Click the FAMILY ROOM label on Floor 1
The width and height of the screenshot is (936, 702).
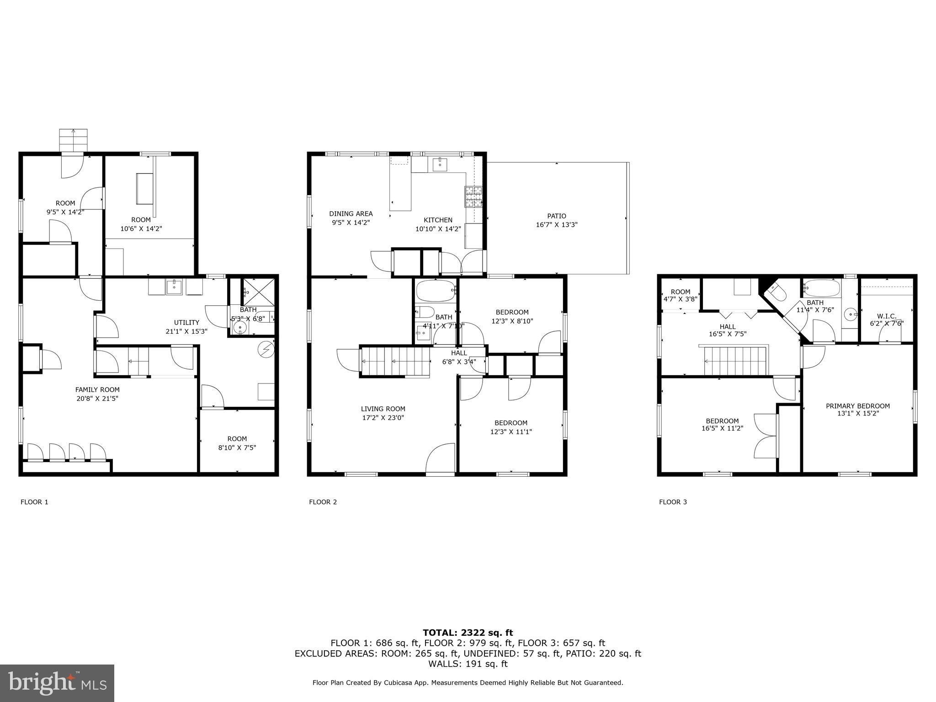pos(97,389)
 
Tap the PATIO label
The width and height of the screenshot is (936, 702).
pos(556,216)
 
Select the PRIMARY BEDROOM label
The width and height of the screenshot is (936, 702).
pos(857,406)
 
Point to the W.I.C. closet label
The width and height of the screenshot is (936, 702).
pos(886,316)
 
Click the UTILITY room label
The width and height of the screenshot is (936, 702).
pos(186,322)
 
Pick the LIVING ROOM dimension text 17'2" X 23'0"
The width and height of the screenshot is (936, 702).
pos(383,418)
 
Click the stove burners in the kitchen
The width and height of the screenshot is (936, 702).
pos(473,197)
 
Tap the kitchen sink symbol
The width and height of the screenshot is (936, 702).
pos(440,164)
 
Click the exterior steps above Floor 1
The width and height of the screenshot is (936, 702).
pos(73,139)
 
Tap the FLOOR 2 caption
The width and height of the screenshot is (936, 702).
pos(323,502)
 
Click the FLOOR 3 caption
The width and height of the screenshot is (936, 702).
pos(673,502)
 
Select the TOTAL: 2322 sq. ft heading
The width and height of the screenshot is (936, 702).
pos(468,633)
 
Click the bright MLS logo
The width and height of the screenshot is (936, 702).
pos(57,683)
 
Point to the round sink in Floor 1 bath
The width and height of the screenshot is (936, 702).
pos(239,327)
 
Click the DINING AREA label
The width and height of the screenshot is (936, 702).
pos(351,213)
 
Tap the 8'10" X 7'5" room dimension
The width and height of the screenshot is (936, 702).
pos(237,447)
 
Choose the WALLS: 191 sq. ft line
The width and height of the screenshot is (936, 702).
pos(468,664)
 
